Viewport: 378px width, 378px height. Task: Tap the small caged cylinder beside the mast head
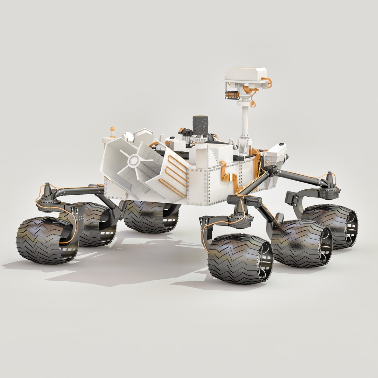pyautogui.click(x=232, y=95)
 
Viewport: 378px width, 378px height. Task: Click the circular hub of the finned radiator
pyautogui.click(x=133, y=161)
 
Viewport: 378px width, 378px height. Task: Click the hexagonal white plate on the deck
pyautogui.click(x=143, y=135)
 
